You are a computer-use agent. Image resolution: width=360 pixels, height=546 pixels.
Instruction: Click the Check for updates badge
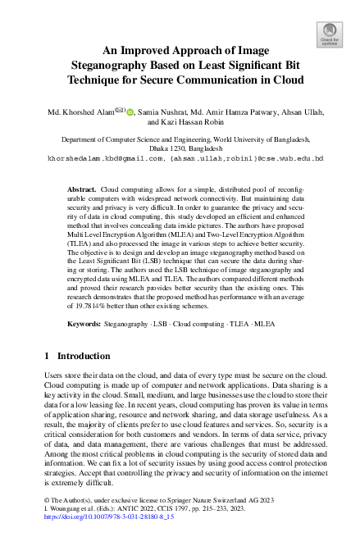[x=329, y=34]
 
